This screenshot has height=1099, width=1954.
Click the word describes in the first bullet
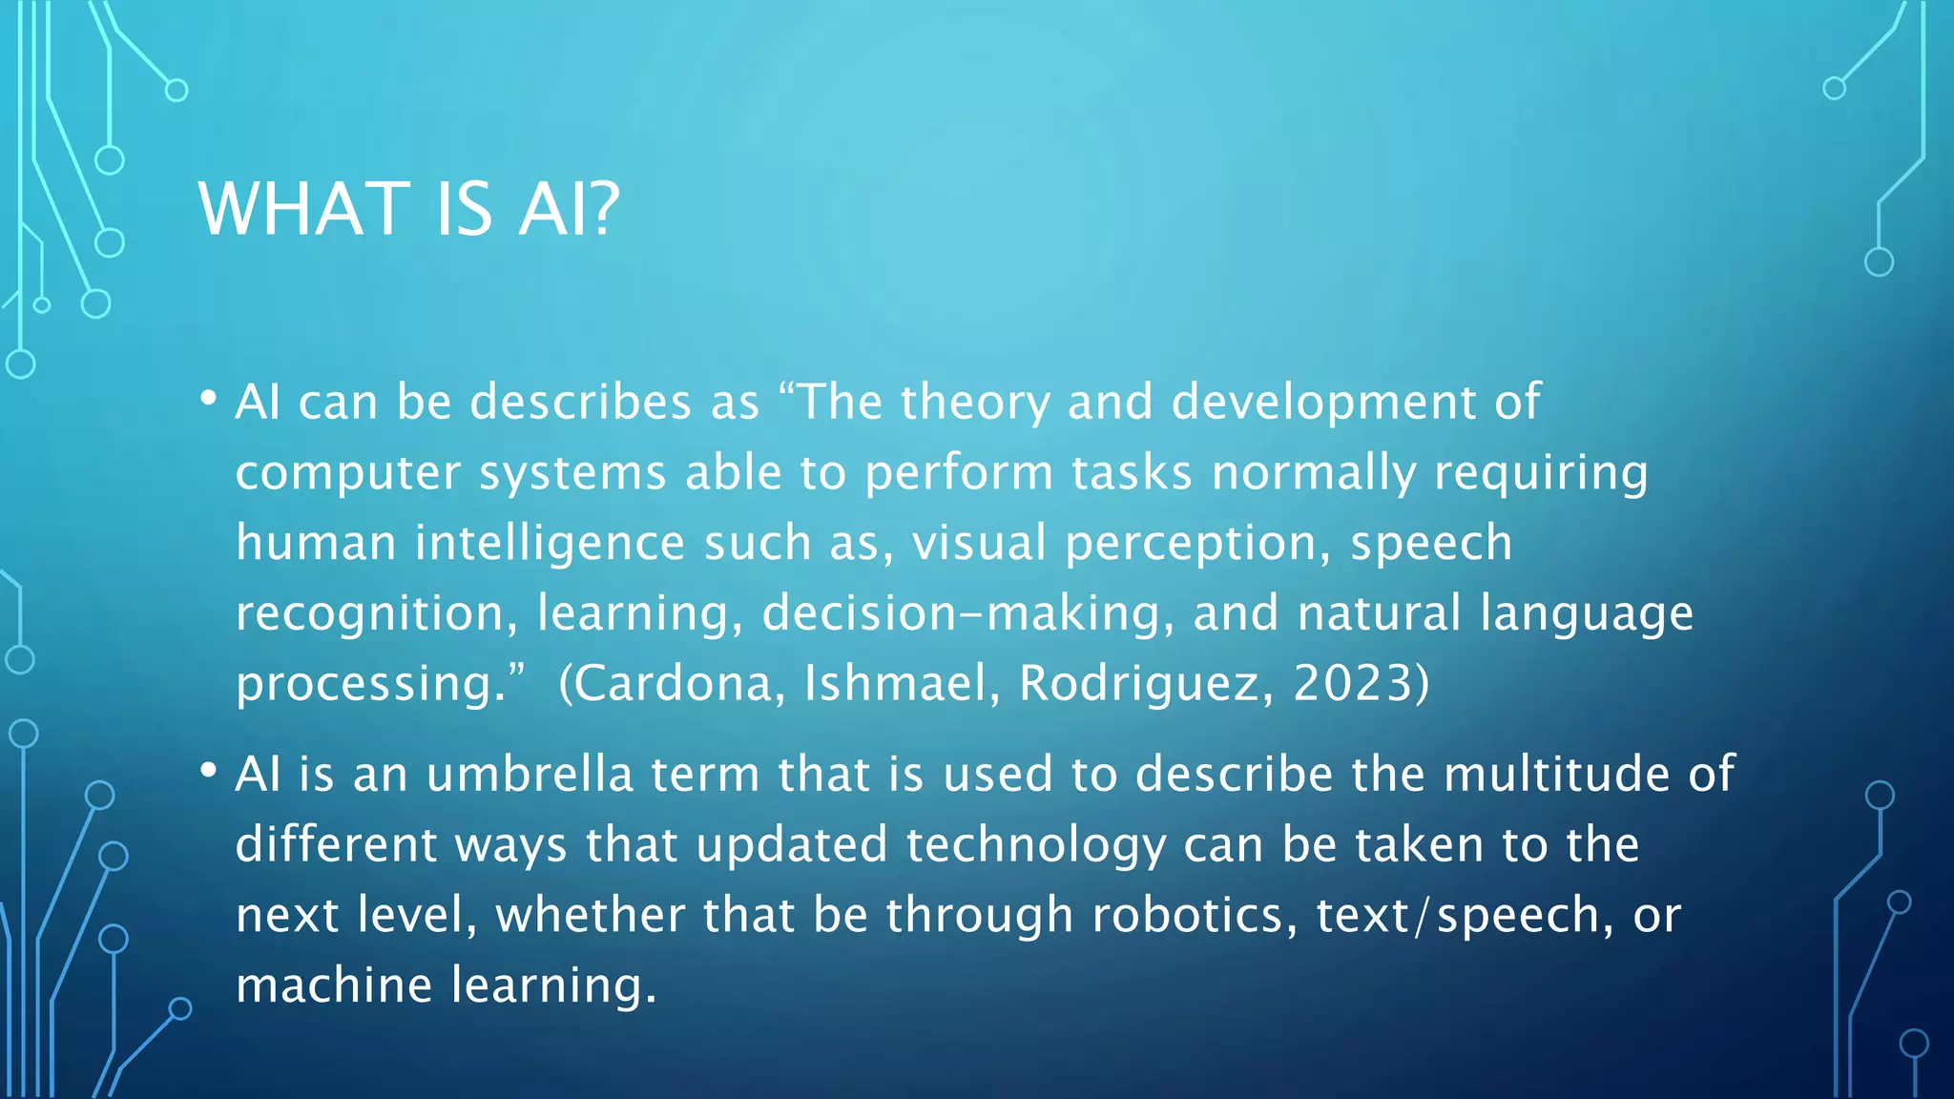coord(580,402)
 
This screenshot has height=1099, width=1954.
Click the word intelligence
coord(550,544)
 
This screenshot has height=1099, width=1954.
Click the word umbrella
coord(530,774)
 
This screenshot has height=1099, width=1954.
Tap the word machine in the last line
coord(334,985)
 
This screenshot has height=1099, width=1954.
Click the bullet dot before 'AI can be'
coord(209,400)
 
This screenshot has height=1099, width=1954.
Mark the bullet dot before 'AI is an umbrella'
coord(209,771)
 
